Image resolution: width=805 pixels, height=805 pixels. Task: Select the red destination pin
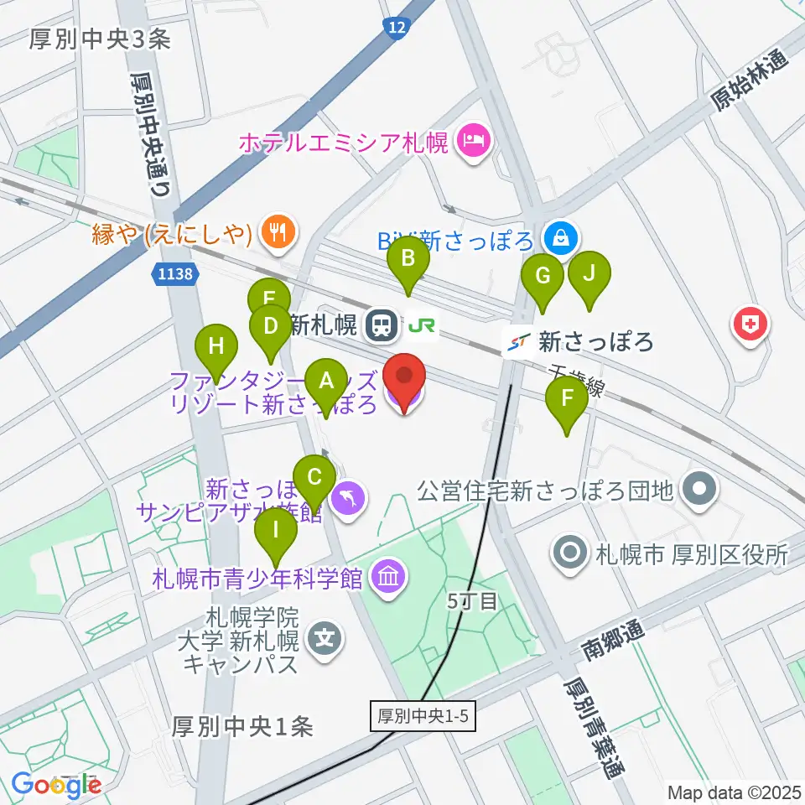pos(405,382)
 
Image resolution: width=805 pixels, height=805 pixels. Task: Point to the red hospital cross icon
pos(750,325)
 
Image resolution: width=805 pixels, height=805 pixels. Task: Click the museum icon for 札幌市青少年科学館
pos(387,577)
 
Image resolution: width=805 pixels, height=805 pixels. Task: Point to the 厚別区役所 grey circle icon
pos(570,553)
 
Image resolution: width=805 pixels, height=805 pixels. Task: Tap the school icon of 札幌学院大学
pos(325,640)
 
